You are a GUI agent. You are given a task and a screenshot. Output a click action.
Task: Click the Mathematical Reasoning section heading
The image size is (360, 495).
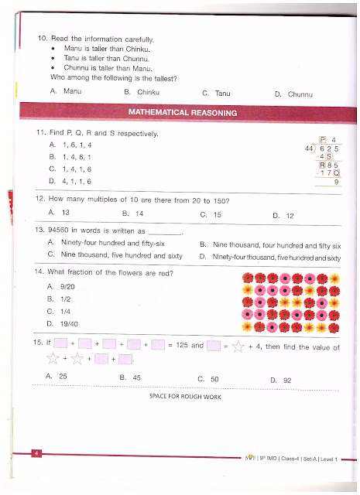[183, 113]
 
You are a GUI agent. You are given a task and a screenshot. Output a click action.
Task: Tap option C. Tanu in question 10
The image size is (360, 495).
[216, 94]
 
